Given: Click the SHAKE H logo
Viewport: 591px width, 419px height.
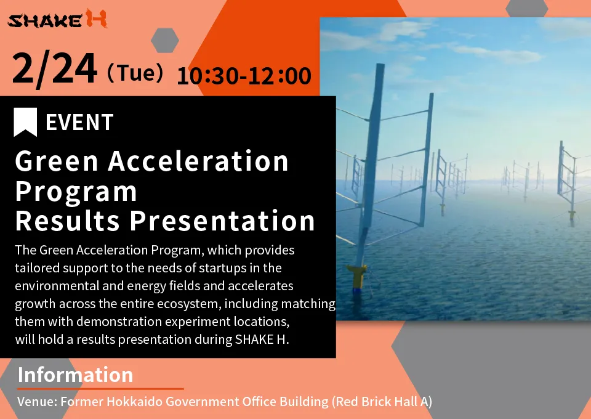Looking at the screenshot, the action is pos(57,19).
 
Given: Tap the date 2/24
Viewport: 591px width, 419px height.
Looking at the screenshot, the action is pos(55,69).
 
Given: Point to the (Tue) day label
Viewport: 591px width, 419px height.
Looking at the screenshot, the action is pos(135,73).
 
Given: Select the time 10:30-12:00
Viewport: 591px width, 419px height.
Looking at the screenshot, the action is pos(244,75).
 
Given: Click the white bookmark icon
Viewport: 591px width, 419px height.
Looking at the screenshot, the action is pos(25,122).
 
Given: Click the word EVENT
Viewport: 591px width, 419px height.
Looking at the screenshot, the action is pos(79,122).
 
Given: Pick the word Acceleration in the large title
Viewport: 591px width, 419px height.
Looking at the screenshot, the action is pos(198,161).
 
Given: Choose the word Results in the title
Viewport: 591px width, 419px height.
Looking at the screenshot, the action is pos(68,221).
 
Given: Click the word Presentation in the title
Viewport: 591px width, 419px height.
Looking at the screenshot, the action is pos(222,221).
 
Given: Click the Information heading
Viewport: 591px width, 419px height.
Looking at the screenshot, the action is pos(75,375).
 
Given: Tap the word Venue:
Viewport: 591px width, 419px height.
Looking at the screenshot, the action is pos(38,401).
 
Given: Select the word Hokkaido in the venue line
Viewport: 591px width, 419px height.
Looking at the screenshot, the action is pos(135,401).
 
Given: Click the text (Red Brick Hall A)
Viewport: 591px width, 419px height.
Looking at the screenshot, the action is pos(382,402).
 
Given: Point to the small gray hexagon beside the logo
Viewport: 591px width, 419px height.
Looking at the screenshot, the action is pos(165,40).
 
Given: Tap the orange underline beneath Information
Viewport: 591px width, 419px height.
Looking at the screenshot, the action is pos(100,388).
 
